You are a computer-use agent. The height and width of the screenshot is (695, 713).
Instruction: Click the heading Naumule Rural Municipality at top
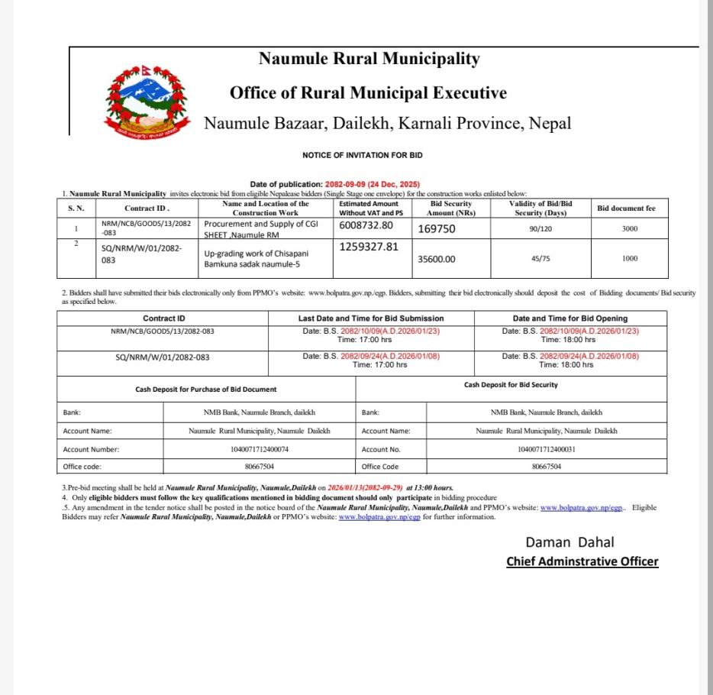[x=369, y=58]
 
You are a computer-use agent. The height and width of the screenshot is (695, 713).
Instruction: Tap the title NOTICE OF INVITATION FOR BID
[x=363, y=155]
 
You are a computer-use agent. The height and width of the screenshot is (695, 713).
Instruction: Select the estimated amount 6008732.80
[x=366, y=225]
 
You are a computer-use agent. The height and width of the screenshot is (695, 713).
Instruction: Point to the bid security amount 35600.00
[x=437, y=259]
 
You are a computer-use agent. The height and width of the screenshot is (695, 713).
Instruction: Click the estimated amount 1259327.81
[x=369, y=247]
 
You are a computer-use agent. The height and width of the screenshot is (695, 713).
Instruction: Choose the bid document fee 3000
[x=630, y=228]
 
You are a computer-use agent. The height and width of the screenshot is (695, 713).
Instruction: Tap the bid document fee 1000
[x=630, y=259]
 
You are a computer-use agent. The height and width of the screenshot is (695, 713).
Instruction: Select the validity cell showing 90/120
[x=540, y=228]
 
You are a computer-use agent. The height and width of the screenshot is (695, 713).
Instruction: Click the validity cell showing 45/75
[x=540, y=259]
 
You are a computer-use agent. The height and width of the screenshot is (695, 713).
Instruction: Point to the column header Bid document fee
[x=626, y=208]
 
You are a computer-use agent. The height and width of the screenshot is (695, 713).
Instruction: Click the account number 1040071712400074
[x=260, y=449]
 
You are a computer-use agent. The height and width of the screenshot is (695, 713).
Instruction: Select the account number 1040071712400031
[x=547, y=449]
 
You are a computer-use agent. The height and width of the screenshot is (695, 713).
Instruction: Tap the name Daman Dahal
[x=569, y=542]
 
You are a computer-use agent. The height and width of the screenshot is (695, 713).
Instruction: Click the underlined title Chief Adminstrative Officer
[x=582, y=561]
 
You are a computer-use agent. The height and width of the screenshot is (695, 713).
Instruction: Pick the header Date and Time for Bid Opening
[x=570, y=318]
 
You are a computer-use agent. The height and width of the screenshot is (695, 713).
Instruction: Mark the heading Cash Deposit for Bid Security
[x=511, y=385]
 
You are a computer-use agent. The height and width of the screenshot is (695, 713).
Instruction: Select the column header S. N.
[x=76, y=208]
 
